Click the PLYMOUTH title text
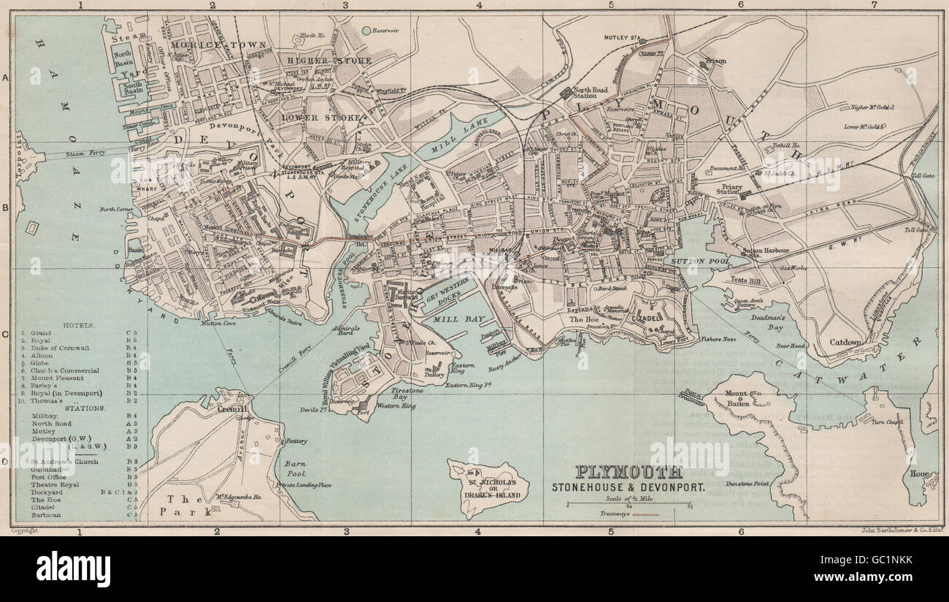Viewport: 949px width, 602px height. tap(629, 472)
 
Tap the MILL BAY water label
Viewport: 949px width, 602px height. tap(455, 319)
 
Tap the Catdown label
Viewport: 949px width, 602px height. tap(846, 342)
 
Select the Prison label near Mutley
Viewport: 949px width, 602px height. tap(716, 61)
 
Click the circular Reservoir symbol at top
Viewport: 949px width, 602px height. tap(366, 31)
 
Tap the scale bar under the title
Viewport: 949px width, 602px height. tap(629, 503)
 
